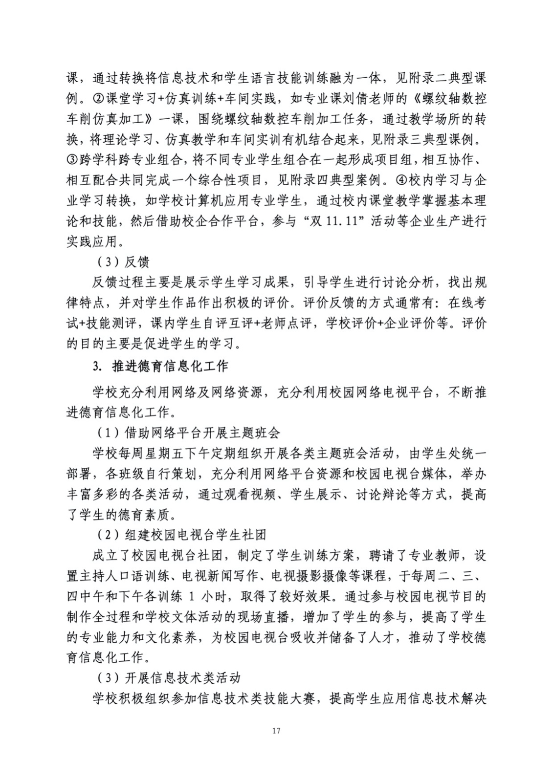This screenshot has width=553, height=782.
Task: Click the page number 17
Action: tap(276, 731)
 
